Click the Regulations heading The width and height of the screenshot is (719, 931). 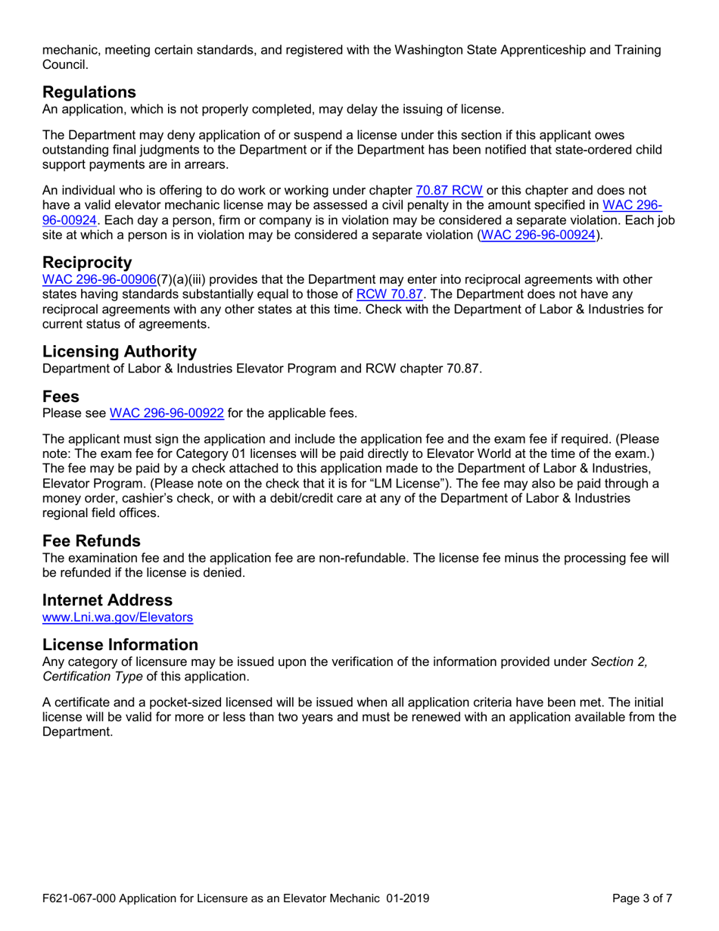89,92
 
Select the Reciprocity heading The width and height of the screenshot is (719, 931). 88,263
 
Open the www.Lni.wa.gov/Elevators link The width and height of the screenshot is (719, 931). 117,618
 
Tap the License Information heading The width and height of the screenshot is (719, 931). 120,644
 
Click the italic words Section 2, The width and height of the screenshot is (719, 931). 619,662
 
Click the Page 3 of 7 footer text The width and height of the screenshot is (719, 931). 643,899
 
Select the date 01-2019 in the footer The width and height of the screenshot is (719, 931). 406,899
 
